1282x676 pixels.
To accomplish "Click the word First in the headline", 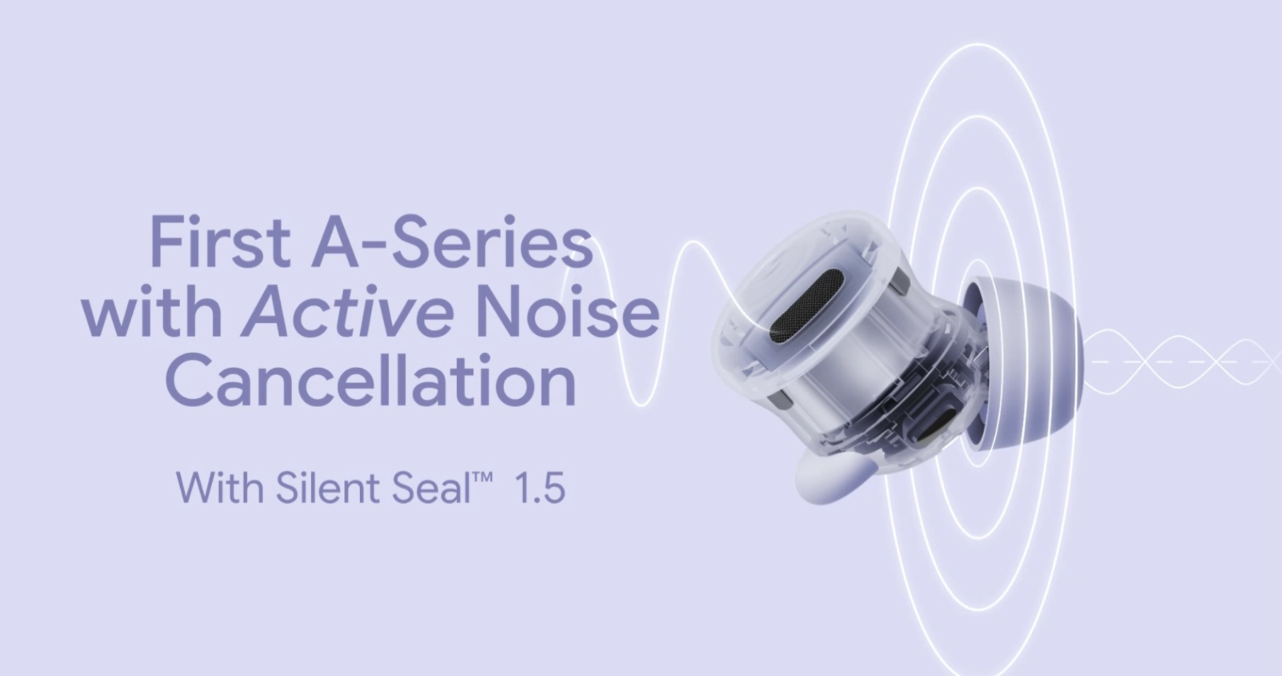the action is click(220, 242).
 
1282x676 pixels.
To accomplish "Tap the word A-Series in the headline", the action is click(452, 242).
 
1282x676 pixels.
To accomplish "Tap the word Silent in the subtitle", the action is click(328, 487).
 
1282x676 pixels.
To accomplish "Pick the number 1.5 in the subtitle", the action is click(540, 488).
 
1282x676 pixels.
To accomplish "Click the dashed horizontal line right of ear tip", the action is click(1183, 362).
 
